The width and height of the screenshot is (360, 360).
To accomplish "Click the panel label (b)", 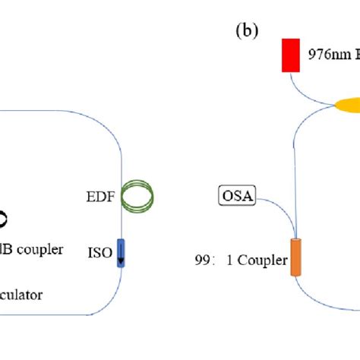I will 248,31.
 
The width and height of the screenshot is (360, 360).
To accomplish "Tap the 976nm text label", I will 325,55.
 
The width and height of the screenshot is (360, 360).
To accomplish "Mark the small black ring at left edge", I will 3,219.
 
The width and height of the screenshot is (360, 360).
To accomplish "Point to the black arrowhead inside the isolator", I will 121,263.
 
